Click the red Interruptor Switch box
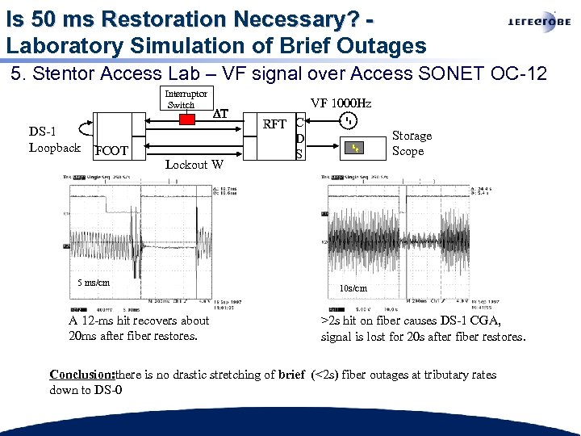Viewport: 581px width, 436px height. [187, 119]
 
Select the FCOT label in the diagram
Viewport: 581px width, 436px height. [111, 150]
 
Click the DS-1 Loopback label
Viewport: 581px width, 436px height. [53, 140]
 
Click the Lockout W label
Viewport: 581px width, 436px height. [194, 165]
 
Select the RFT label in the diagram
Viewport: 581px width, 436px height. [274, 124]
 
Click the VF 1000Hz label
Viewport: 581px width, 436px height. [341, 103]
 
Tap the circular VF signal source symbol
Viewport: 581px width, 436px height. [348, 122]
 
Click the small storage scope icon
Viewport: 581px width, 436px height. [354, 148]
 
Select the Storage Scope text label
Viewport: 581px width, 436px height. [412, 143]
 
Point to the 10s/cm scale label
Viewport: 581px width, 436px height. [353, 288]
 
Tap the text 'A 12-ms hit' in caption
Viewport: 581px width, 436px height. [101, 321]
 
